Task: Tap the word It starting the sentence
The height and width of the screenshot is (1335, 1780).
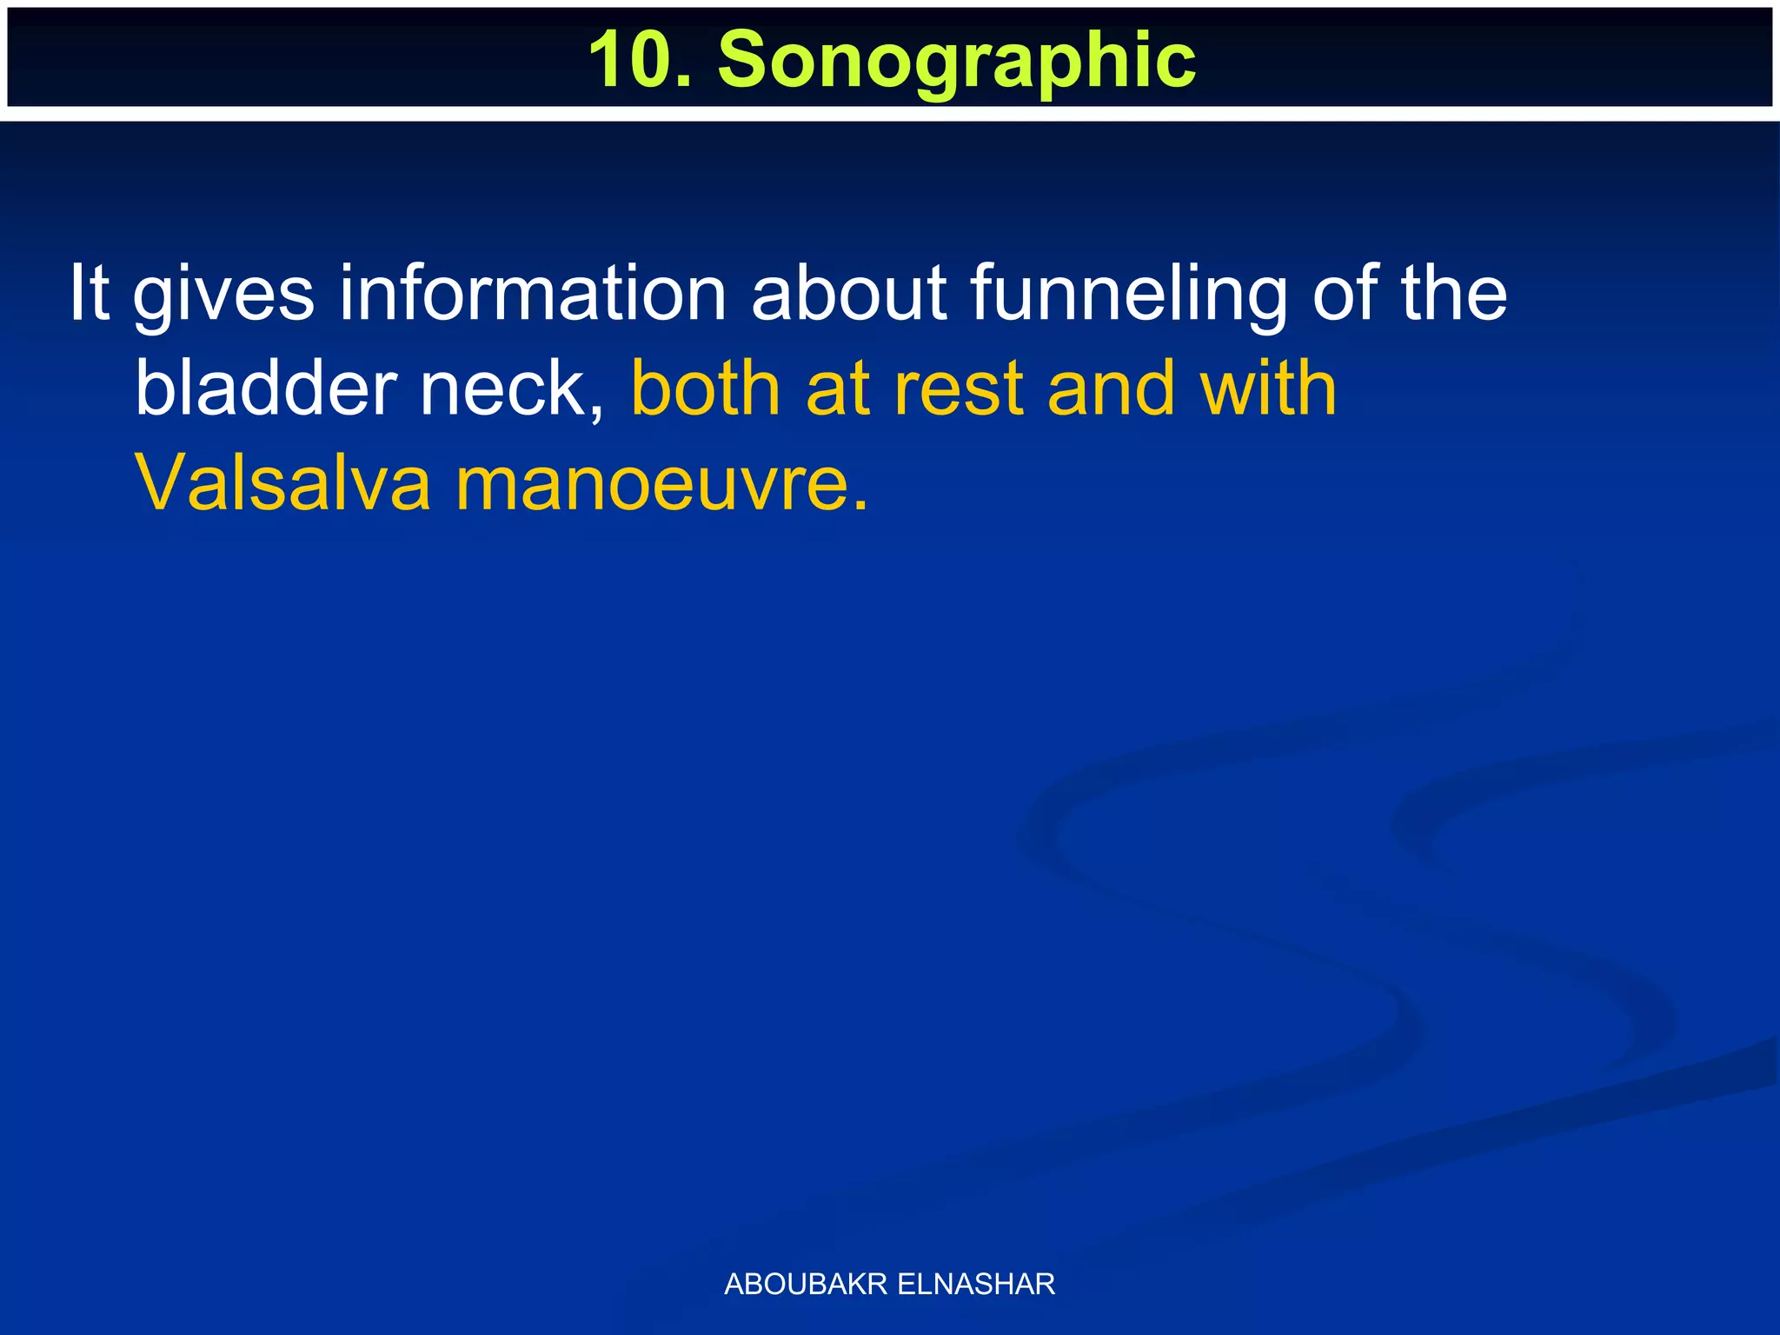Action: [89, 294]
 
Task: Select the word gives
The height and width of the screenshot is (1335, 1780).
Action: [224, 294]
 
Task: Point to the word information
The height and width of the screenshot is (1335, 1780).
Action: [532, 294]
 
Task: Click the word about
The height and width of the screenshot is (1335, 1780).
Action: [847, 294]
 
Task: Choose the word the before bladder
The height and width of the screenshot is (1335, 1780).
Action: [1454, 294]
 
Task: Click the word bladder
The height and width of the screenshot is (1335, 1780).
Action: [266, 389]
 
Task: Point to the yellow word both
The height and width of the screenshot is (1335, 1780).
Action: [705, 389]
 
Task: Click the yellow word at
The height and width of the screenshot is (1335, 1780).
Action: [838, 389]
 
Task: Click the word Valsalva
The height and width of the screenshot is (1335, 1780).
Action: [283, 483]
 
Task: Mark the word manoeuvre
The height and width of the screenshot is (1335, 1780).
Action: [661, 483]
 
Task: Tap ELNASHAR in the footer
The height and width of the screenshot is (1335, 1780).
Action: [976, 1284]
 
